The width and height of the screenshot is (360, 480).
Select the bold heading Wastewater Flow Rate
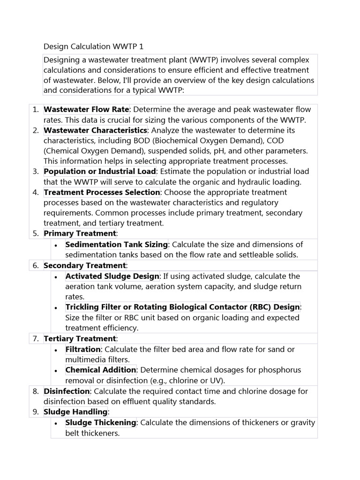86,109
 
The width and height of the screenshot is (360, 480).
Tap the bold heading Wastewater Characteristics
95,130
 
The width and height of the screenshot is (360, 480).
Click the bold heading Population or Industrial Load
99,171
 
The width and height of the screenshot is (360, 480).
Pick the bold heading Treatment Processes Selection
102,192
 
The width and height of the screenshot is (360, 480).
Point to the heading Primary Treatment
79,233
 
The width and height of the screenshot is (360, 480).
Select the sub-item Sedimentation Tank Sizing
116,244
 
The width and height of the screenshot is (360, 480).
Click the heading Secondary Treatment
85,265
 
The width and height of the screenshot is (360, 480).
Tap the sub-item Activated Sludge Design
112,276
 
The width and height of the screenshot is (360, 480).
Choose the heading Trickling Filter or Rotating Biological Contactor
182,307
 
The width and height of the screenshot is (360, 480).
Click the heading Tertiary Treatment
79,338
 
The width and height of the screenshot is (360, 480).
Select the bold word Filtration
83,349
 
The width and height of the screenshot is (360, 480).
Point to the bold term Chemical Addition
101,370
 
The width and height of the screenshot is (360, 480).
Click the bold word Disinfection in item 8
67,391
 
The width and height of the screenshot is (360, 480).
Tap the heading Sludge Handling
75,412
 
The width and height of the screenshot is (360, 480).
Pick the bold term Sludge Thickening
101,422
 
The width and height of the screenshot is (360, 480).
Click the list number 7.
35,338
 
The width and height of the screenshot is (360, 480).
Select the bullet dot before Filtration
56,350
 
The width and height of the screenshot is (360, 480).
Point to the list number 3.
35,171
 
